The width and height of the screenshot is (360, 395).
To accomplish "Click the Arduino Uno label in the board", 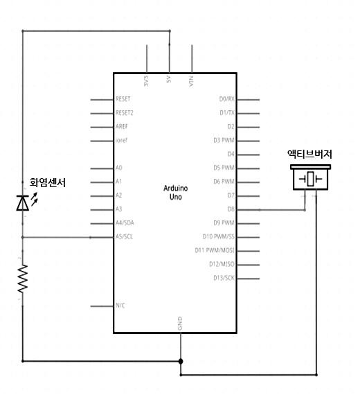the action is click(x=175, y=193).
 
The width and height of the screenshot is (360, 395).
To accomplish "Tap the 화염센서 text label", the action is click(x=48, y=183).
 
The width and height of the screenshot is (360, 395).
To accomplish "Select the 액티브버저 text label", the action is click(x=309, y=154).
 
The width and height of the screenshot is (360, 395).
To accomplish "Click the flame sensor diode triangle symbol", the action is click(x=22, y=203).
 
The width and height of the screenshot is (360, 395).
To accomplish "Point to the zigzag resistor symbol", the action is click(x=23, y=279).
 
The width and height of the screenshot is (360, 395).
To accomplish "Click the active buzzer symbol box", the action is click(x=310, y=177).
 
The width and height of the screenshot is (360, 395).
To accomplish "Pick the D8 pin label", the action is click(x=231, y=209).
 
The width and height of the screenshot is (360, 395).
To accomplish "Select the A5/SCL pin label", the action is click(x=124, y=236).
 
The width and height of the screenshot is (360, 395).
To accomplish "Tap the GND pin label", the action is click(x=180, y=324).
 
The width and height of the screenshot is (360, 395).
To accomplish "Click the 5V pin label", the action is click(x=169, y=79).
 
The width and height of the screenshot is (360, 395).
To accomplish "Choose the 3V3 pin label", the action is click(x=146, y=81).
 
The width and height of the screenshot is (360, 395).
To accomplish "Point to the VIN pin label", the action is click(x=191, y=81).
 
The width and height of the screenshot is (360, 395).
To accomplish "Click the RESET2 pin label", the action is click(x=125, y=112).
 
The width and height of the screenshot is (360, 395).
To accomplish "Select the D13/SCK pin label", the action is click(x=224, y=278).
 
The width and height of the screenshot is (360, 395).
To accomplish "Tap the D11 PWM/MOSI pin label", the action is click(x=215, y=250).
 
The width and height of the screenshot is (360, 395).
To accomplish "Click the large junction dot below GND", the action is click(x=181, y=361).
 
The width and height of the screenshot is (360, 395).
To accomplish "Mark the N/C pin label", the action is click(x=120, y=306).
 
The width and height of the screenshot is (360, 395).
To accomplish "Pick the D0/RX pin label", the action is click(x=227, y=99).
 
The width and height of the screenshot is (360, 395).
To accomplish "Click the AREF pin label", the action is click(x=122, y=126).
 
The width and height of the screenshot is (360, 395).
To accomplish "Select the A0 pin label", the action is click(x=119, y=168).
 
